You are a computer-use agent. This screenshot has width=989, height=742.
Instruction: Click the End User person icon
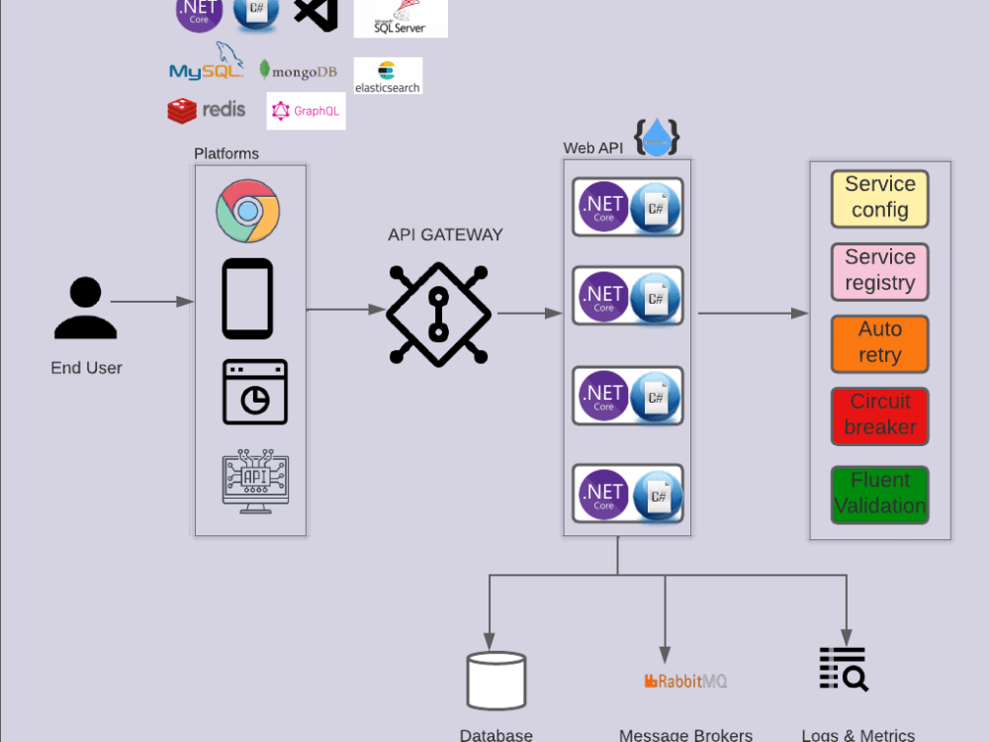[86, 309]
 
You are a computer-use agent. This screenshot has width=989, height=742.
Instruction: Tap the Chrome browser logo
[248, 211]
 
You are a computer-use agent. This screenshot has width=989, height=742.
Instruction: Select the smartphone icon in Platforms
[247, 299]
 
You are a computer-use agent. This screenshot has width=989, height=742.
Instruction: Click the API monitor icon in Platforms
[255, 483]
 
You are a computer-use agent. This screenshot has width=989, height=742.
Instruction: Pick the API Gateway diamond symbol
[438, 315]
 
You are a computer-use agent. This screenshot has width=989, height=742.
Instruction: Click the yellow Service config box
[879, 198]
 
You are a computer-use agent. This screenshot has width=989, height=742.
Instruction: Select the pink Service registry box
[879, 271]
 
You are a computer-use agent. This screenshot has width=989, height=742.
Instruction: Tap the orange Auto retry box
[879, 343]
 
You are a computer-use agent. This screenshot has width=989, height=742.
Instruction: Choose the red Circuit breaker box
[879, 416]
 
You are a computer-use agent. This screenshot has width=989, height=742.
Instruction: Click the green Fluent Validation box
[879, 494]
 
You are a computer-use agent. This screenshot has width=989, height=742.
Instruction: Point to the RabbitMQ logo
[685, 682]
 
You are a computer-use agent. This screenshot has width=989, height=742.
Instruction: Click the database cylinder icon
[496, 681]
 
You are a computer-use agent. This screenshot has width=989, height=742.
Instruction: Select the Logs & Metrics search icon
[844, 670]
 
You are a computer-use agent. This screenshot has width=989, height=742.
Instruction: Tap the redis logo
[207, 110]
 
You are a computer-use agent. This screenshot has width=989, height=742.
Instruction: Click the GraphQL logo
[306, 111]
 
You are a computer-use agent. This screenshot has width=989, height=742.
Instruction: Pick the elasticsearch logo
[388, 76]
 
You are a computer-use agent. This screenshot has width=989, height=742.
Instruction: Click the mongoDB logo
[298, 70]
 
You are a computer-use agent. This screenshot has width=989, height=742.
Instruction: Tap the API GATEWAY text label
[445, 235]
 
